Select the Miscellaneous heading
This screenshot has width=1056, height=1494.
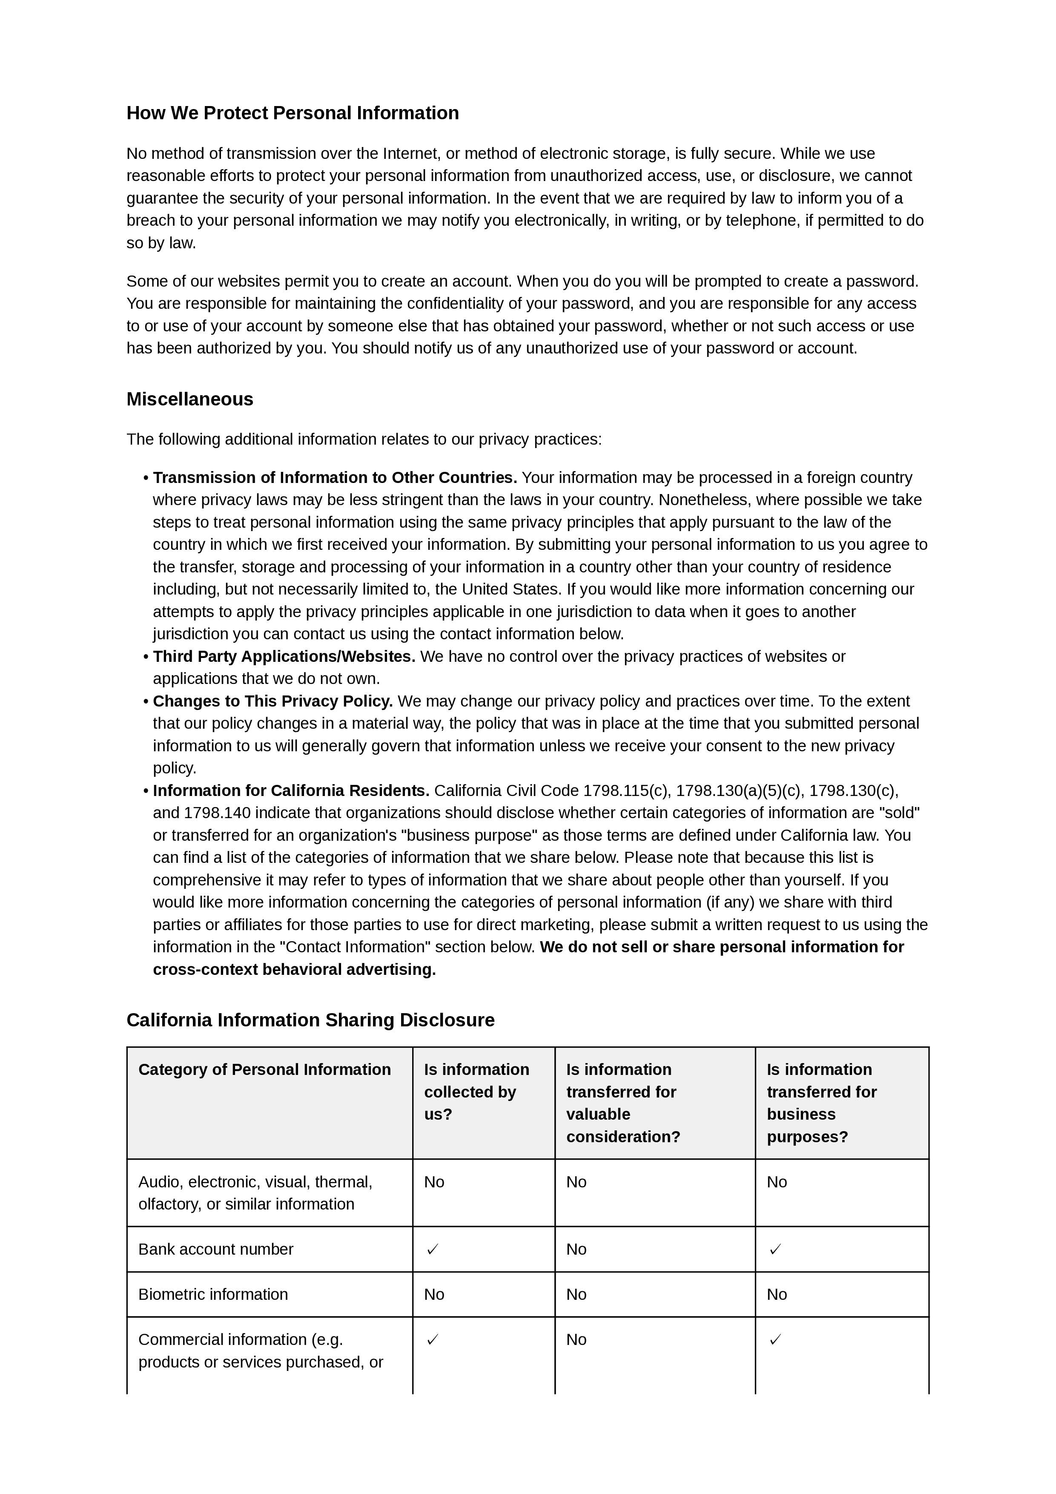coord(189,399)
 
